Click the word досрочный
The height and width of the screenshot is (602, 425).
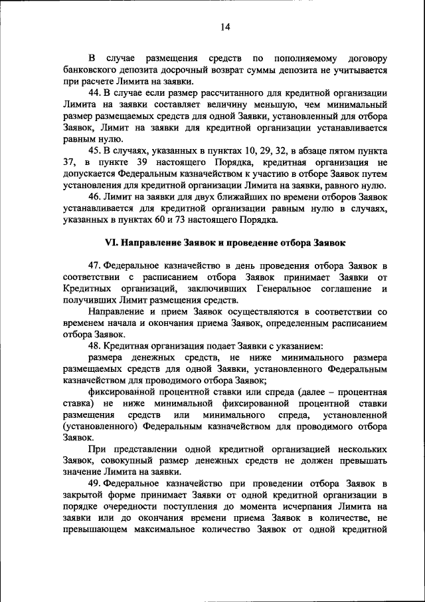pyautogui.click(x=187, y=69)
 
